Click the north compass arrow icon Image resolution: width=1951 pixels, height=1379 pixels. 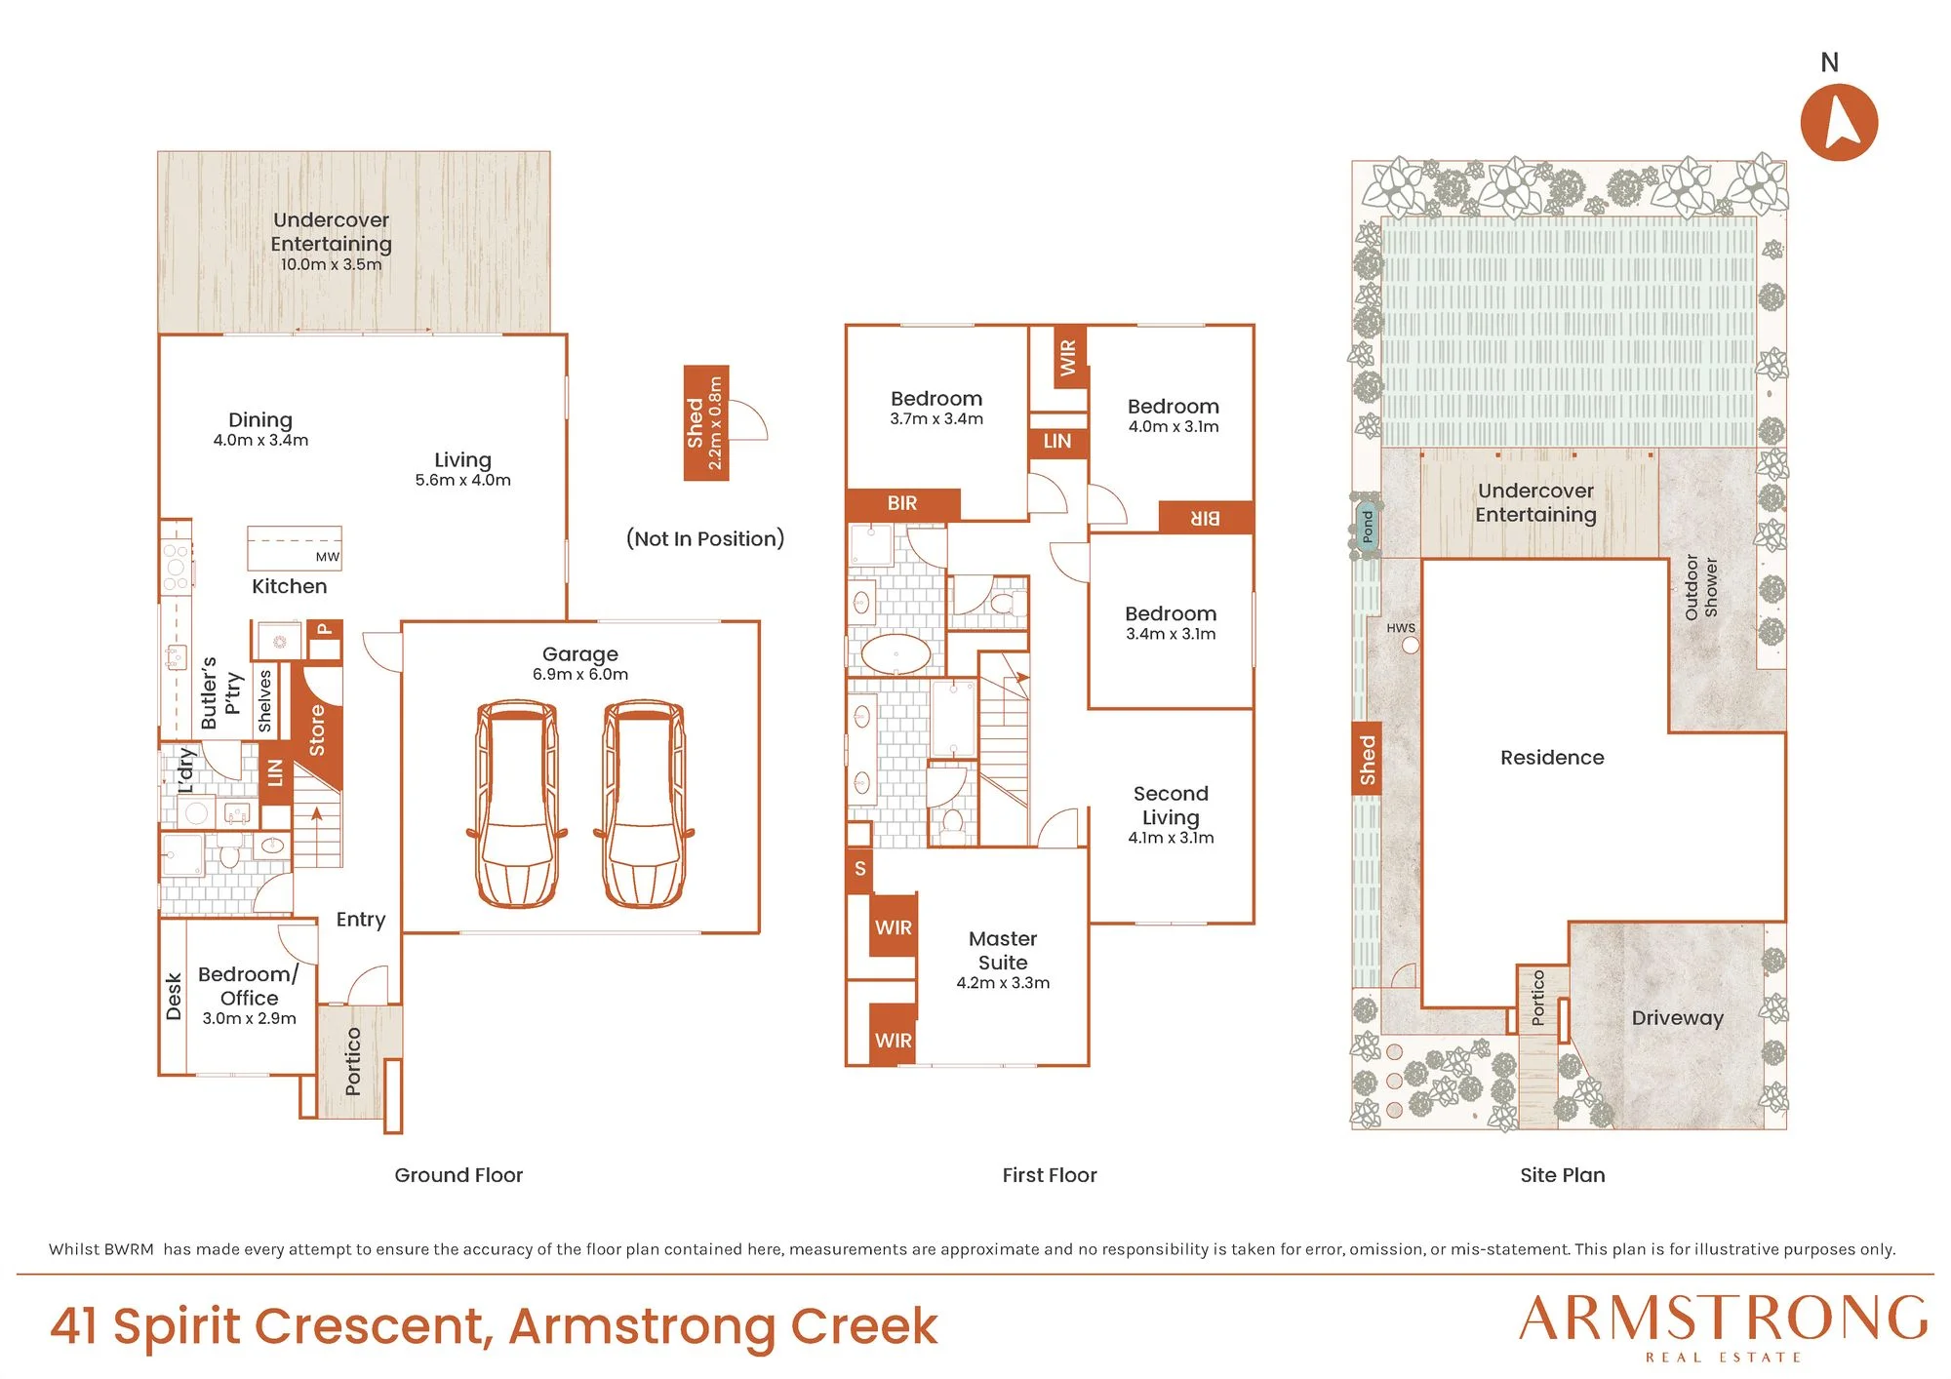pos(1839,122)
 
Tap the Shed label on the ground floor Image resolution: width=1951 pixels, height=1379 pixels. pos(695,422)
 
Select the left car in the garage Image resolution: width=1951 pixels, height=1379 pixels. pos(517,804)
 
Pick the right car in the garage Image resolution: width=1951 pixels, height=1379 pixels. pos(644,804)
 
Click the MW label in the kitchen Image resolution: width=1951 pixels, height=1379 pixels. pos(328,557)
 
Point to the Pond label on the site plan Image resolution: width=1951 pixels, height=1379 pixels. pos(1368,527)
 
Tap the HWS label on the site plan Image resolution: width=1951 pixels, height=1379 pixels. pos(1401,628)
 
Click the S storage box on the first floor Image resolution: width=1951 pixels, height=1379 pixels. pos(859,869)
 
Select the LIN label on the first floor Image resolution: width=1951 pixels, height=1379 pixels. pos(1057,442)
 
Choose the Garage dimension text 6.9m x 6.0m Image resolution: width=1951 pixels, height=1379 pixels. pos(580,675)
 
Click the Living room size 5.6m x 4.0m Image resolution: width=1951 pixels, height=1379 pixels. pos(463,480)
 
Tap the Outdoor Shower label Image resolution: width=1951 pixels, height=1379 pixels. pos(1701,587)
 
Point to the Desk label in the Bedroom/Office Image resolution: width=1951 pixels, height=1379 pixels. pos(174,997)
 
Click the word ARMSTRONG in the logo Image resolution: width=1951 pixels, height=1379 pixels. pos(1724,1319)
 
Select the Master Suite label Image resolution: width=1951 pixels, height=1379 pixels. pos(1003,950)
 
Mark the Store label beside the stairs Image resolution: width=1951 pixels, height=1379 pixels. pos(317,730)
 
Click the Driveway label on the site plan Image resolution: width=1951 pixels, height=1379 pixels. pos(1678,1018)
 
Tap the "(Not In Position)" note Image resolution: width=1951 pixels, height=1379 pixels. pos(705,538)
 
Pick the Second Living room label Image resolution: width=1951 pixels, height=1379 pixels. pos(1171,806)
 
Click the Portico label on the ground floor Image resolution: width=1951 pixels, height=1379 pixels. pos(353,1061)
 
